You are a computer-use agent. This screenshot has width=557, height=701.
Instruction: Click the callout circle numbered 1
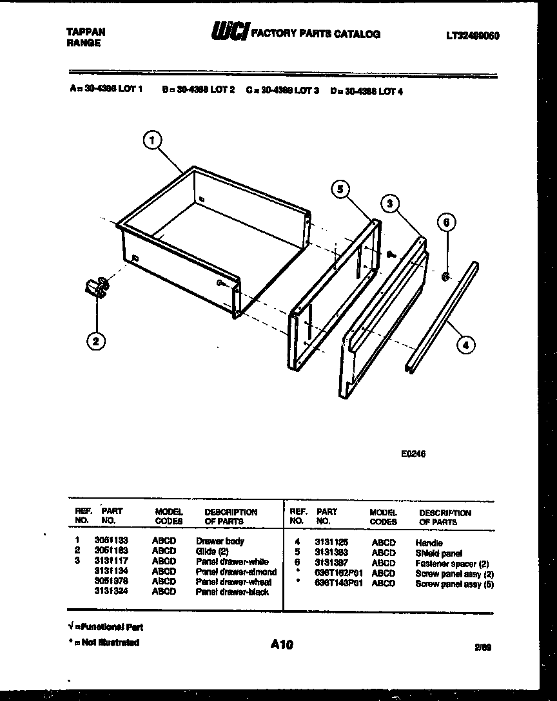(152, 140)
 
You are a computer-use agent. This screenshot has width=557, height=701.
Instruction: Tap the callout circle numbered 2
(95, 342)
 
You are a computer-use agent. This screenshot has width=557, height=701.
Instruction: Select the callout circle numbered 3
(389, 204)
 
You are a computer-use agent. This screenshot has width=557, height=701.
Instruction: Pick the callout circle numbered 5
(342, 189)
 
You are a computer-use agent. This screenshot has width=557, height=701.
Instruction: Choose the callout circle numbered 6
(446, 222)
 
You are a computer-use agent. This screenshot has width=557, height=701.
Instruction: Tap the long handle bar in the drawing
(443, 316)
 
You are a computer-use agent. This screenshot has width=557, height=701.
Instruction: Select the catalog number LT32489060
(473, 36)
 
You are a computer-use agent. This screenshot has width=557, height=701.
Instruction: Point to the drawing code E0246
(413, 454)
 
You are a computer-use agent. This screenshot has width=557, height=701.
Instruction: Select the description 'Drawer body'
(220, 541)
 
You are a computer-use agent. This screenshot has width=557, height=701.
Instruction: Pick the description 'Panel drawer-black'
(232, 591)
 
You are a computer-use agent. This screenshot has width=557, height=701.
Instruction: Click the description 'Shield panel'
(438, 553)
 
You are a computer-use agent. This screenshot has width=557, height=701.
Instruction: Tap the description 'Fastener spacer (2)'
(452, 564)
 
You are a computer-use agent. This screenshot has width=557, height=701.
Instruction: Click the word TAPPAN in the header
(86, 32)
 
